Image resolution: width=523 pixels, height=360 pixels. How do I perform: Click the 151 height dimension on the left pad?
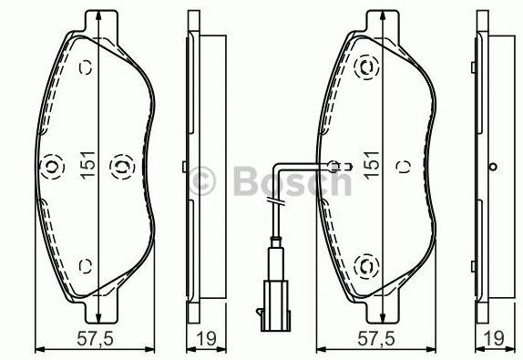click(x=88, y=165)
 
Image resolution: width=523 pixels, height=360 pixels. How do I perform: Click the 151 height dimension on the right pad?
click(x=372, y=165)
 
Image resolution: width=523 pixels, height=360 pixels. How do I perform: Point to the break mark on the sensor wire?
click(x=276, y=201)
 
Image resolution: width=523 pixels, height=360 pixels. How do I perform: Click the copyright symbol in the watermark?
click(x=202, y=181)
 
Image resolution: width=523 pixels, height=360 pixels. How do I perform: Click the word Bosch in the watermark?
click(x=292, y=181)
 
